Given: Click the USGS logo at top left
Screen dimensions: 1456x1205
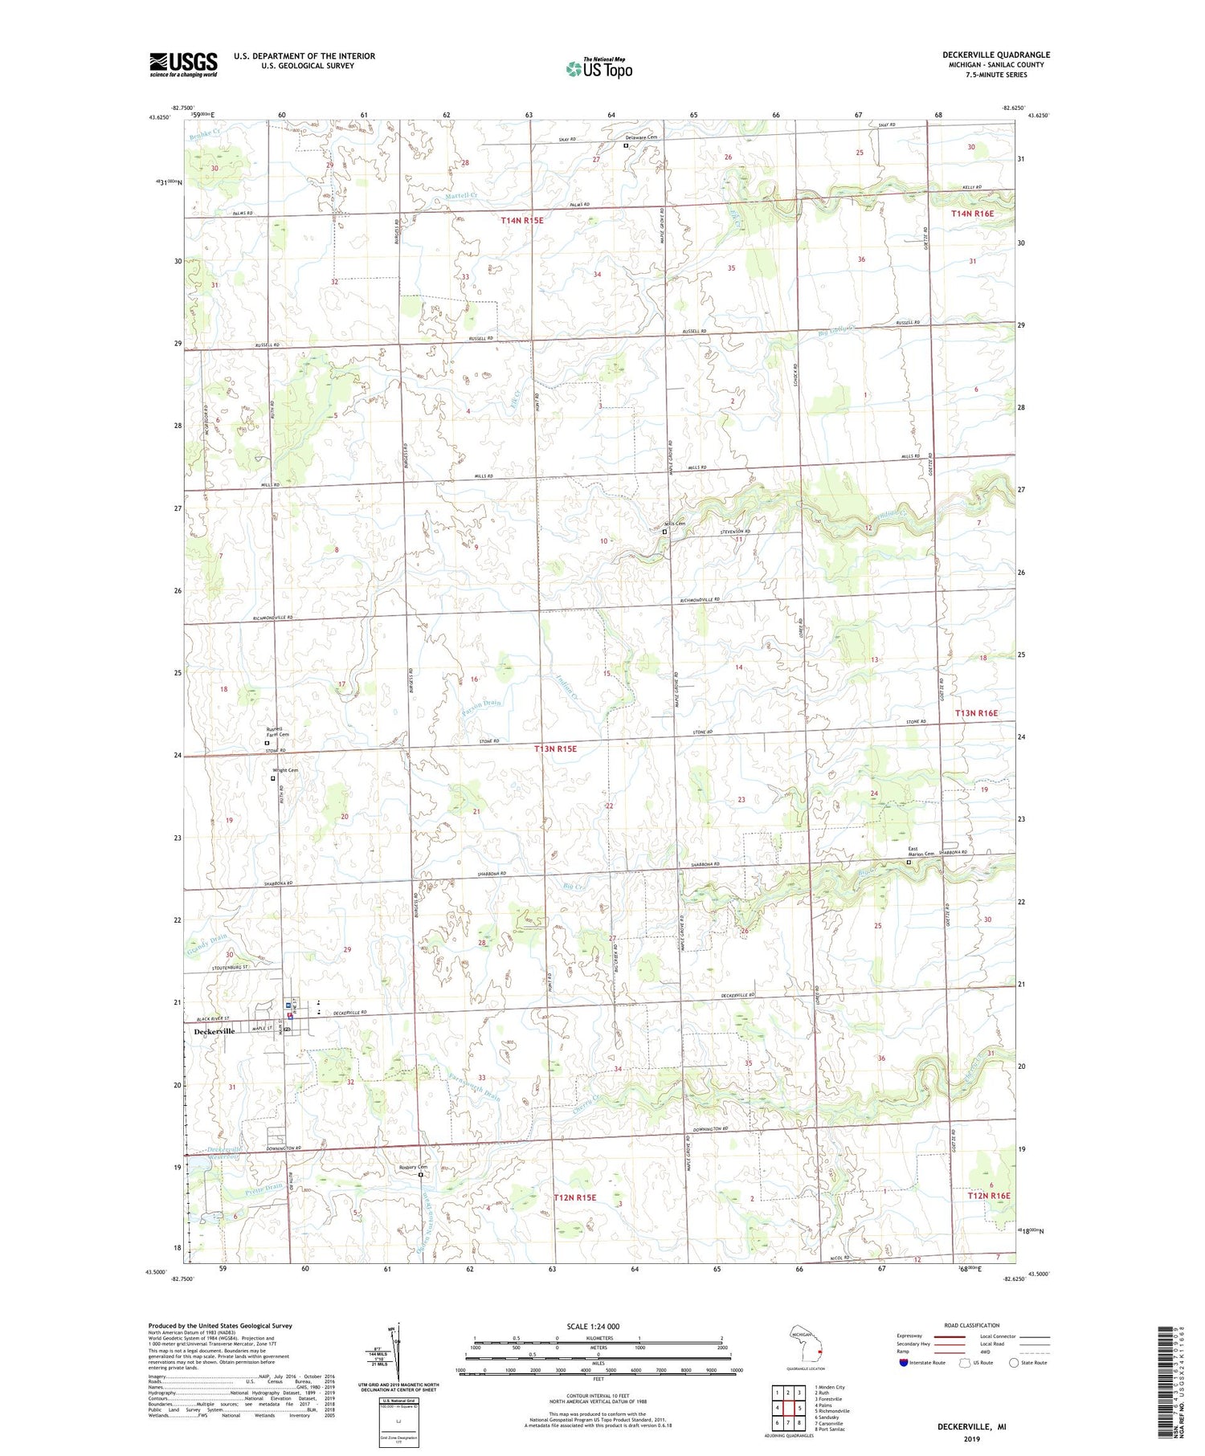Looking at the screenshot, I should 183,64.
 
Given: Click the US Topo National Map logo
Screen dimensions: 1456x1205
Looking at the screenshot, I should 599,68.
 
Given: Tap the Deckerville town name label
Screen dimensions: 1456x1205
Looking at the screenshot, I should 214,1031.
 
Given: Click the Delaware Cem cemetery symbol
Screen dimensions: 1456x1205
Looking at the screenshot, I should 627,146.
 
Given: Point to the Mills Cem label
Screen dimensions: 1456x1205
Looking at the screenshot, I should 675,524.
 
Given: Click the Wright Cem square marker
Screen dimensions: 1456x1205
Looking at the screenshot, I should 272,778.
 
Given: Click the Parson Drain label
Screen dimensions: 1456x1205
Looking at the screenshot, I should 482,704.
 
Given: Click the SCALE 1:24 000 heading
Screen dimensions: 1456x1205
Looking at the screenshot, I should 598,1326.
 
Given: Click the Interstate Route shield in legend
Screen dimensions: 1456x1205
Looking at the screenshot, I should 903,1363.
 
